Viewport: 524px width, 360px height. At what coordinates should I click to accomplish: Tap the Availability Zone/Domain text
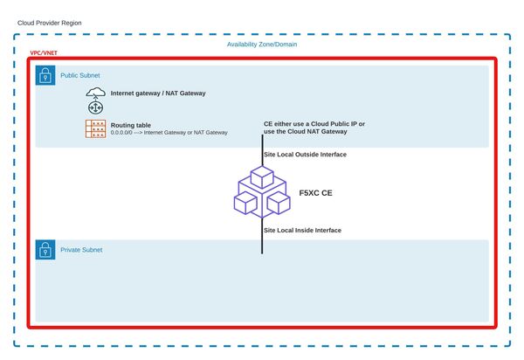tap(263, 45)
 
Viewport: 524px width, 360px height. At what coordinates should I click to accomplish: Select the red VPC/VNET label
tap(45, 53)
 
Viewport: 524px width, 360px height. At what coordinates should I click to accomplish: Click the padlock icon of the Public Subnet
tap(45, 76)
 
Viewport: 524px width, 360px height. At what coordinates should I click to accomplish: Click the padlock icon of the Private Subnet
tap(45, 250)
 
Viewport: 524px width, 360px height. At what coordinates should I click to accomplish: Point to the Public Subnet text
tap(80, 76)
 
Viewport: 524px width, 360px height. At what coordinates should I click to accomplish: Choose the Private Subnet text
tap(81, 250)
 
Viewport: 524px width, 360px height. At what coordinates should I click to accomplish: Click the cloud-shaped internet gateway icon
tap(95, 93)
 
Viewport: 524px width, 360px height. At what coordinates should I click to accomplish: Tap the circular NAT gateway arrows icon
tap(95, 107)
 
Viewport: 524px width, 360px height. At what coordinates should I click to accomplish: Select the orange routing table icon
tap(95, 128)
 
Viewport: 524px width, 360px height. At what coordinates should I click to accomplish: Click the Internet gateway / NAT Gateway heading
tap(158, 93)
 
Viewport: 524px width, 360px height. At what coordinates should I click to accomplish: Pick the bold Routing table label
tap(131, 125)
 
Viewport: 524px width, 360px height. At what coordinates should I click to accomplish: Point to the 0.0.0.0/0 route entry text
tap(169, 133)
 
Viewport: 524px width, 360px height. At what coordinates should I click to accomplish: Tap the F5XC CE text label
tap(315, 191)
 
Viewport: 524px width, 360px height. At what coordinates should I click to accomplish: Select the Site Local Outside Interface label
tap(305, 155)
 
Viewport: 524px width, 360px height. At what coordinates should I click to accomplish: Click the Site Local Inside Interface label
tap(302, 230)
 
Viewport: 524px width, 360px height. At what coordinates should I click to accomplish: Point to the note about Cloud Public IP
tap(314, 128)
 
